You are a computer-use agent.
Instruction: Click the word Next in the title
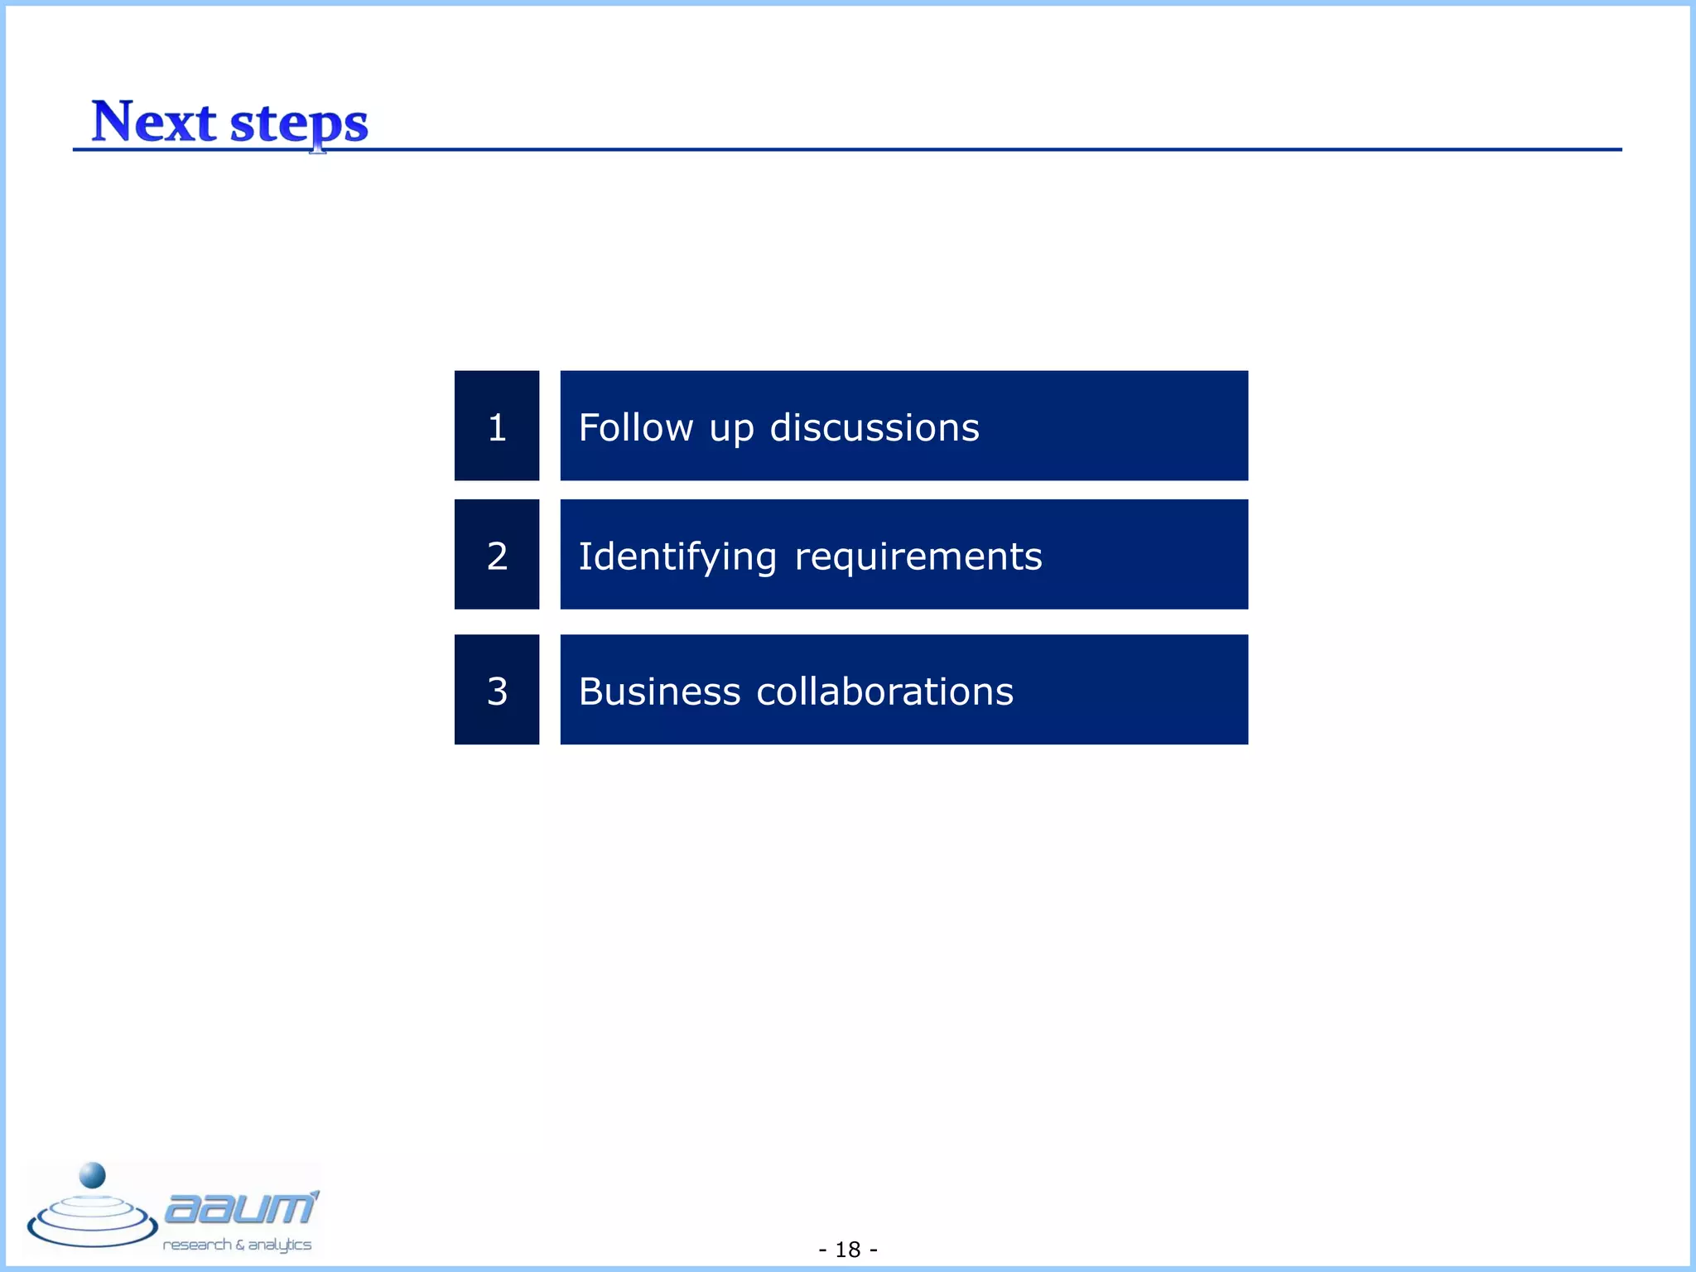tap(153, 122)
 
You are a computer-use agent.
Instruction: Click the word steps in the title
tap(299, 123)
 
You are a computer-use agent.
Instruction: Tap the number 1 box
tap(497, 426)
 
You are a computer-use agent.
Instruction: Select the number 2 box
tap(497, 554)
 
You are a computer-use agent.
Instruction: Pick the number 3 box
tap(497, 689)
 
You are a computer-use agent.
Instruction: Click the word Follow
tap(635, 428)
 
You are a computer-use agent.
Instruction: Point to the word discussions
tap(874, 428)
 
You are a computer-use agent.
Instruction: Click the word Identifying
tap(677, 556)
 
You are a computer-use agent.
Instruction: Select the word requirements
tap(918, 556)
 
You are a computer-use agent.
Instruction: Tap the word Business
tap(659, 691)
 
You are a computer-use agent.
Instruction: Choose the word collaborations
tap(884, 691)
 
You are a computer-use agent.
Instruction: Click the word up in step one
tap(731, 430)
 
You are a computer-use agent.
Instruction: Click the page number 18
tap(848, 1249)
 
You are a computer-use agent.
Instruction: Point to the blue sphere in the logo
tap(92, 1175)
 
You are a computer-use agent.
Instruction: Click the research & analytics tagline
tap(237, 1245)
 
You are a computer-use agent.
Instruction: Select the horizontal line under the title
tap(911, 150)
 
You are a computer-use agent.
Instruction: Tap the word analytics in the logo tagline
tap(280, 1245)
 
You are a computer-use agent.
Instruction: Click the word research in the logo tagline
tap(197, 1245)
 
